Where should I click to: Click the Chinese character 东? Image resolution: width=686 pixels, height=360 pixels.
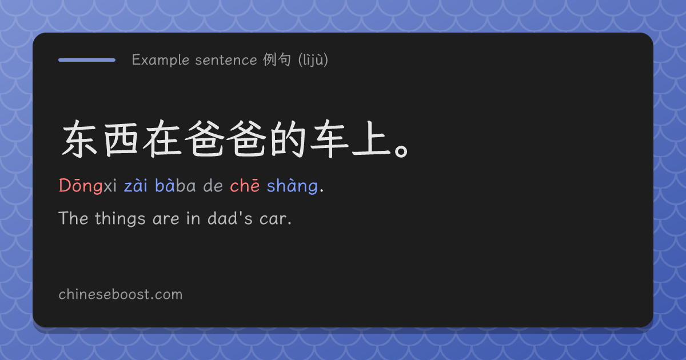click(79, 139)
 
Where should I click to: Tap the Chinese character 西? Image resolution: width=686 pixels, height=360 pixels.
click(121, 139)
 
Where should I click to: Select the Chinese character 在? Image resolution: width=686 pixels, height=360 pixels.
click(162, 139)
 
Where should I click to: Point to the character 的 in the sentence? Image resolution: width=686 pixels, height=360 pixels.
click(288, 139)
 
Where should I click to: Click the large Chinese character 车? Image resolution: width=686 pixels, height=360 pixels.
click(329, 139)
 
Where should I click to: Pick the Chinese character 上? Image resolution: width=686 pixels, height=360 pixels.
click(371, 139)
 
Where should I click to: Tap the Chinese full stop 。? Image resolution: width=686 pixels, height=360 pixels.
click(401, 151)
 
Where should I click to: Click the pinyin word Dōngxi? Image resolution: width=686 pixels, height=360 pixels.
click(87, 186)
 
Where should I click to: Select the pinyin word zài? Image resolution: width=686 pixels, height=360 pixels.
click(135, 186)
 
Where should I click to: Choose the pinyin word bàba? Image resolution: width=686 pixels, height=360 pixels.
click(175, 186)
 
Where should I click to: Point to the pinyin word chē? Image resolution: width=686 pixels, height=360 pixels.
click(245, 186)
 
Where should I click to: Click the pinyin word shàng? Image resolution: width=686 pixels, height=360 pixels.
click(292, 186)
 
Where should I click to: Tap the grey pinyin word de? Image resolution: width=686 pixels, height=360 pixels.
click(213, 186)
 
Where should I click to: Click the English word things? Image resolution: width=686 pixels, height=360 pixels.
click(120, 218)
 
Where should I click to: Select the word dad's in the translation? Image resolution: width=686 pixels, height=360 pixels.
click(230, 218)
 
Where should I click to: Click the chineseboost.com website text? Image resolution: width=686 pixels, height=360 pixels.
click(121, 294)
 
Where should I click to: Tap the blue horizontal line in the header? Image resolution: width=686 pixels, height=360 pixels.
click(87, 60)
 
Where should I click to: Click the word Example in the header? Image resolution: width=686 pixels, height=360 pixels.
click(161, 60)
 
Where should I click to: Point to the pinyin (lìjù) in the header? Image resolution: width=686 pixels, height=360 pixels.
click(313, 59)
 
